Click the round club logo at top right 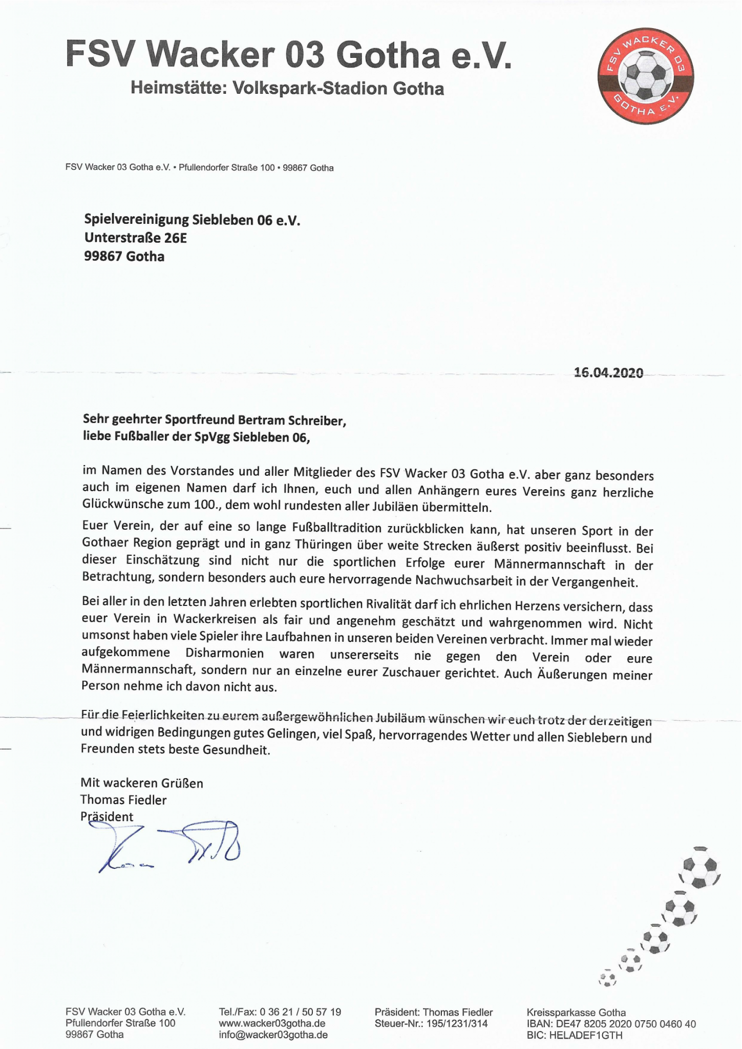646,75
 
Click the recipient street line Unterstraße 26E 135,238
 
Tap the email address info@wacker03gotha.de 273,1035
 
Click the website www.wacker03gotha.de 272,1024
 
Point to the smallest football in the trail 608,979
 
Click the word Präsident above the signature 107,816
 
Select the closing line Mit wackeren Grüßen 142,783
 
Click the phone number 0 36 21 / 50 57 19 300,1012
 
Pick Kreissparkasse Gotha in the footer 576,1012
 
